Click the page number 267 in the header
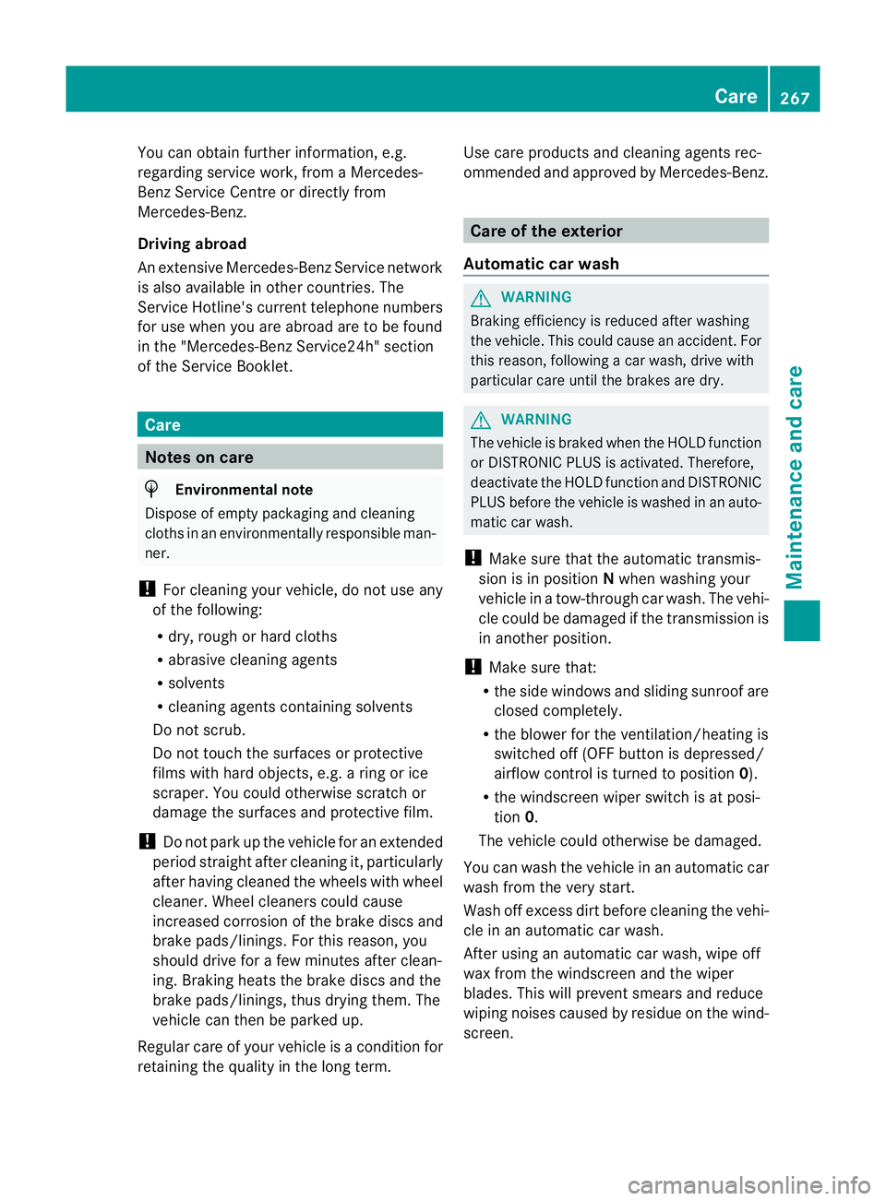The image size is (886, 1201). click(794, 98)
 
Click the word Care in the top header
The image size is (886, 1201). click(735, 96)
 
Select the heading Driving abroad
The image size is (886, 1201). click(192, 244)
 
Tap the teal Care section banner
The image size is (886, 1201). click(290, 424)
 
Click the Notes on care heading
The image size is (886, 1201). click(199, 458)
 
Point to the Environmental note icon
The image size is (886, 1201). click(152, 489)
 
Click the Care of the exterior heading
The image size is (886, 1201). click(546, 231)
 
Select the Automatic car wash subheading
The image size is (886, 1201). click(541, 264)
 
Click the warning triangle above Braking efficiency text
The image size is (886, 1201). click(481, 298)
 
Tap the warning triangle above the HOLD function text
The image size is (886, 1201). click(481, 420)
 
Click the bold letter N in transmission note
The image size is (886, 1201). click(609, 579)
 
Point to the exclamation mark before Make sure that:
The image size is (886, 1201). click(473, 667)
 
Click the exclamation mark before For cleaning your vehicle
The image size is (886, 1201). click(146, 589)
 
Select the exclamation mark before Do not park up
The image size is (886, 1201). click(146, 841)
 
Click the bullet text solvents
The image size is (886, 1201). click(196, 684)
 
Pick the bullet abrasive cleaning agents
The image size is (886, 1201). click(252, 660)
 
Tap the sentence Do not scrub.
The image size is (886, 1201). click(199, 730)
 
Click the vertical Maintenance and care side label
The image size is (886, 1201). click(794, 477)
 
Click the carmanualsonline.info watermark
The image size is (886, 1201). click(748, 1184)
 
